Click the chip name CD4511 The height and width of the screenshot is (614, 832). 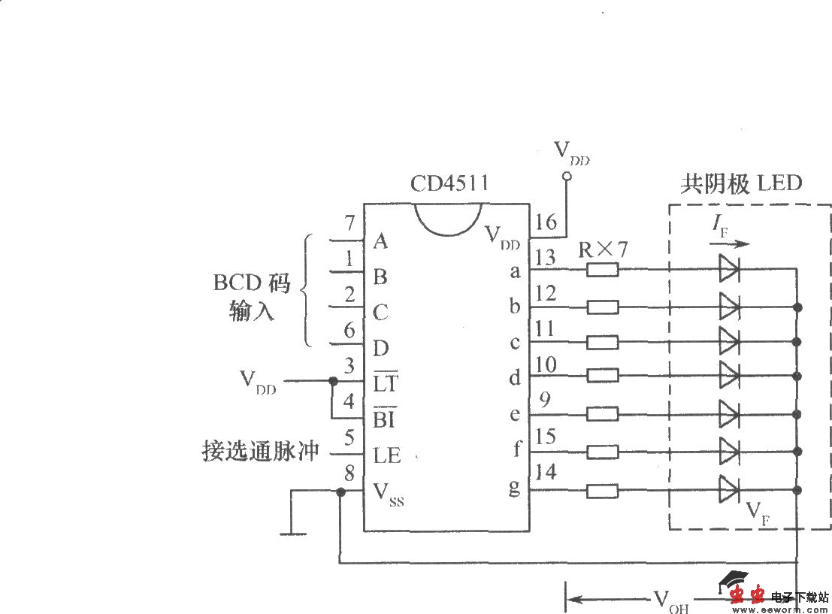(x=449, y=183)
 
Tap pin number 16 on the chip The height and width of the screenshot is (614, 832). (x=546, y=222)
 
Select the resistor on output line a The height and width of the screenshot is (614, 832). (x=602, y=269)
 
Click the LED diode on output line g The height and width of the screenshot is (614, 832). (x=728, y=490)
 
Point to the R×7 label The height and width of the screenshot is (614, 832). (x=602, y=249)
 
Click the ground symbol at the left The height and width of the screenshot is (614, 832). (x=293, y=533)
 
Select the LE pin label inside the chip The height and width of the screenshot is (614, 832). (x=387, y=455)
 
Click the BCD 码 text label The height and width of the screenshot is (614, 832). (x=251, y=283)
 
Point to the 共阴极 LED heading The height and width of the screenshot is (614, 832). (x=740, y=183)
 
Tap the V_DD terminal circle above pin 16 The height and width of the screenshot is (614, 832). (x=567, y=177)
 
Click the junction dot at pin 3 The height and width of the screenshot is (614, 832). (x=333, y=381)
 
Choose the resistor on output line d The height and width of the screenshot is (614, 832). (x=602, y=374)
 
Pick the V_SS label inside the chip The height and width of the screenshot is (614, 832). (x=389, y=494)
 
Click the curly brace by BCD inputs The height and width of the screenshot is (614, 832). (x=306, y=290)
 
